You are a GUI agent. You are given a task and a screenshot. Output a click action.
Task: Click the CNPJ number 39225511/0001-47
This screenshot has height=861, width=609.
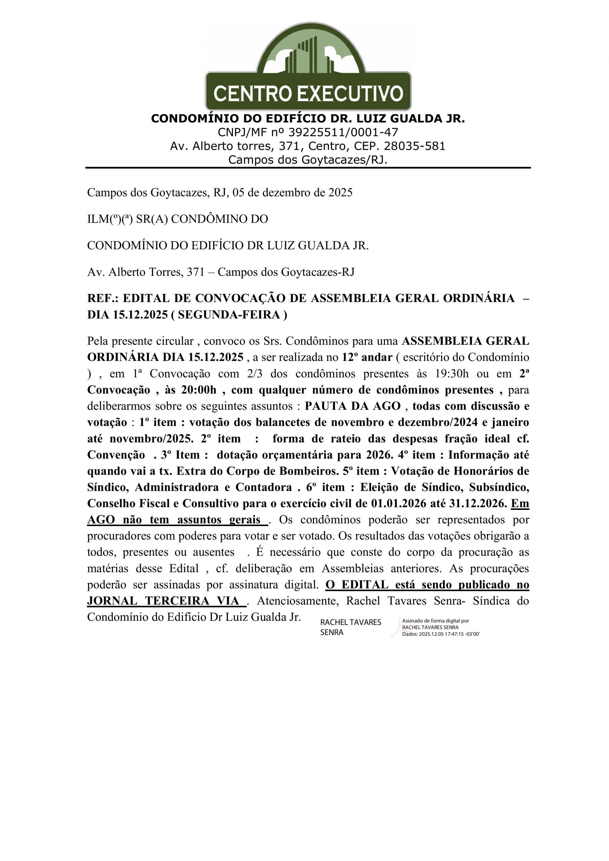343,133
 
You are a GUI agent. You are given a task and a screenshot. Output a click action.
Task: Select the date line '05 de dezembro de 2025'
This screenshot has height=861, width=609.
292,193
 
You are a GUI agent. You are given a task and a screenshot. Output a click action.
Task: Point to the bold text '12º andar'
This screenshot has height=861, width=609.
367,358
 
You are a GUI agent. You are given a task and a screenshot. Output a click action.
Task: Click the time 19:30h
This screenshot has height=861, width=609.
452,374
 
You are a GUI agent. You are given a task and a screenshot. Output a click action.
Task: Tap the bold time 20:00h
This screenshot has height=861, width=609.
199,390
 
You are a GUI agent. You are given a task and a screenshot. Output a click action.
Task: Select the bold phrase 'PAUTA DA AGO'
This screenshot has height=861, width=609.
352,406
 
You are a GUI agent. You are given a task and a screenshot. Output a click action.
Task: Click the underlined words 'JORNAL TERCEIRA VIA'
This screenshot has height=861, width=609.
163,601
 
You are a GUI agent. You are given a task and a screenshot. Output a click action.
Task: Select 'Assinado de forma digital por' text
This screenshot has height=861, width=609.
435,621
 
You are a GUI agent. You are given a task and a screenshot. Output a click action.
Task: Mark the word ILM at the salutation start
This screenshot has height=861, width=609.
97,219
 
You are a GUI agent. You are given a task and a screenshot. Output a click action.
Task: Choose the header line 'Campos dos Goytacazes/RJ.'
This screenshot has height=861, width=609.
308,160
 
